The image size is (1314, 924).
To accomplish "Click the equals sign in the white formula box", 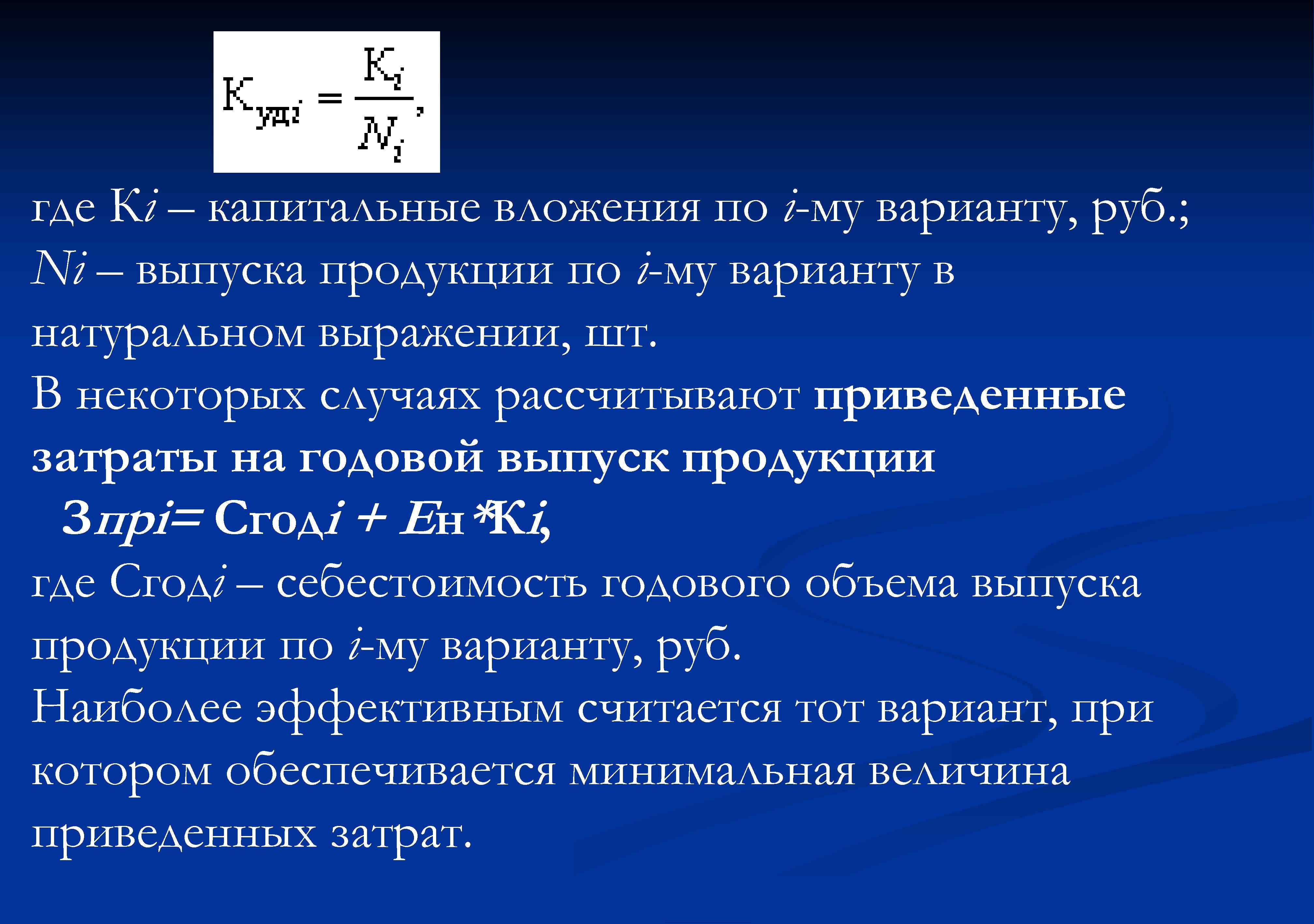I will pos(329,98).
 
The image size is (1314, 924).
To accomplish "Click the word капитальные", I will pos(343,209).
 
